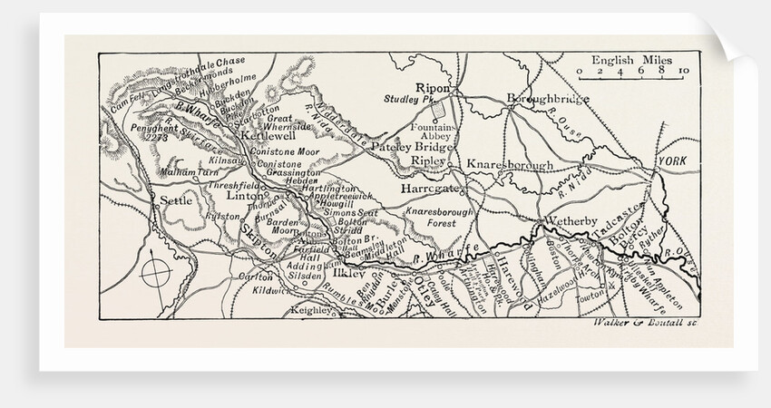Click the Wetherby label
pyautogui.click(x=569, y=220)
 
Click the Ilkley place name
pyautogui.click(x=347, y=271)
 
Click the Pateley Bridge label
pyautogui.click(x=411, y=145)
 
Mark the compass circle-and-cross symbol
pyautogui.click(x=156, y=271)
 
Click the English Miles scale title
pyautogui.click(x=626, y=60)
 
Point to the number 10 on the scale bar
pyautogui.click(x=682, y=71)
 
